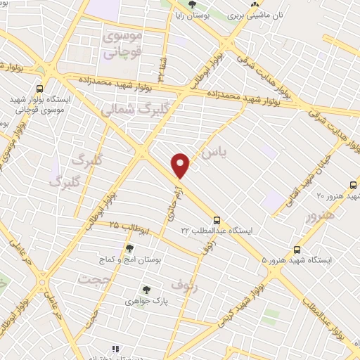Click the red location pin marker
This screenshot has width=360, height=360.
[181, 165]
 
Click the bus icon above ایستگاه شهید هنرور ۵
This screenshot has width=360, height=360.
[297, 249]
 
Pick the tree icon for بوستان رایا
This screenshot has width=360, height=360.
[193, 6]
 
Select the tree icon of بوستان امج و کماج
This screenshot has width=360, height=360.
[129, 247]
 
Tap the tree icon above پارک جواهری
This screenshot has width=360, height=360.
[146, 289]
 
